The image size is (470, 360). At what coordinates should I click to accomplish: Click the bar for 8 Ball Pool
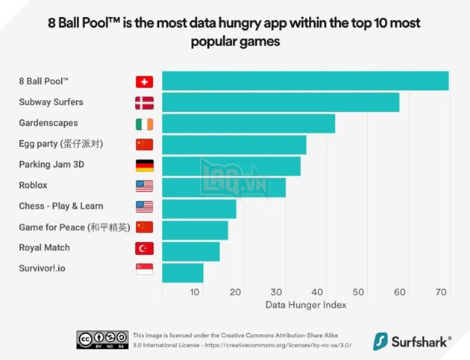click(304, 81)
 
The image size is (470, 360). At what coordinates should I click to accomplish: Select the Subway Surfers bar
click(280, 102)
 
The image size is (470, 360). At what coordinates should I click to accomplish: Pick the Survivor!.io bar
click(182, 273)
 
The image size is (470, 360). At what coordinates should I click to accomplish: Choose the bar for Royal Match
click(190, 252)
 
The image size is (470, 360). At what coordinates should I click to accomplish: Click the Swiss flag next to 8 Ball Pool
click(144, 82)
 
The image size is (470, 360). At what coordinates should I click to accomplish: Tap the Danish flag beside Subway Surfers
click(144, 103)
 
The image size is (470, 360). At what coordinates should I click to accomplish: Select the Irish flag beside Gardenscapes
click(144, 124)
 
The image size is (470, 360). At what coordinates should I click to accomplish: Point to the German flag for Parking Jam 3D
click(144, 165)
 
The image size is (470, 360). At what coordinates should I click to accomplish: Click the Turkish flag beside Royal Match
click(144, 248)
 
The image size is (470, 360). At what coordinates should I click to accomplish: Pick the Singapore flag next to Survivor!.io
click(144, 269)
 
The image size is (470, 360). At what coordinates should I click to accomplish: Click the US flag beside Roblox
click(144, 186)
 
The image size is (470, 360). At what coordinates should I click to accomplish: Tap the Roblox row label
click(33, 185)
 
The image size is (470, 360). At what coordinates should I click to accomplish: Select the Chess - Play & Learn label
click(61, 206)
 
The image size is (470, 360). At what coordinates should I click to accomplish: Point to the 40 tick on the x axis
click(318, 292)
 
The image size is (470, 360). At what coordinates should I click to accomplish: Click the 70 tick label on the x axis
click(441, 292)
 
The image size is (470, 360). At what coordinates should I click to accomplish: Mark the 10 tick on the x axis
click(195, 292)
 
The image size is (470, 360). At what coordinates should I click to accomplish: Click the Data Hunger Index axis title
click(305, 305)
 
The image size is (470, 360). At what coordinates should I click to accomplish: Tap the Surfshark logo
click(412, 341)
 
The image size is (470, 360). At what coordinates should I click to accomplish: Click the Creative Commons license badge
click(101, 340)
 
